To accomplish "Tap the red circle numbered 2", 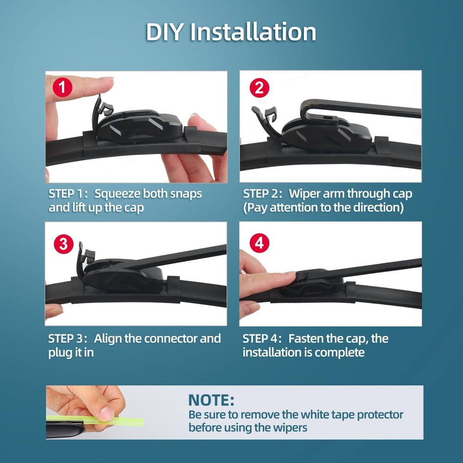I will pos(259,88).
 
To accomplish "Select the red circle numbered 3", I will pos(63,244).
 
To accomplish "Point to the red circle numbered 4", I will pos(259,243).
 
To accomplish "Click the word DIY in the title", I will pos(164,32).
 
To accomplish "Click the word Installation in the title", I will pos(253,32).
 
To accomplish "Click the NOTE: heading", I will pos(211,400).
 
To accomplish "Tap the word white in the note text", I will pos(316,414).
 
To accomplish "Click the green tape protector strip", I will pos(116,422).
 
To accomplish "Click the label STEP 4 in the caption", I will pos(262,338).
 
